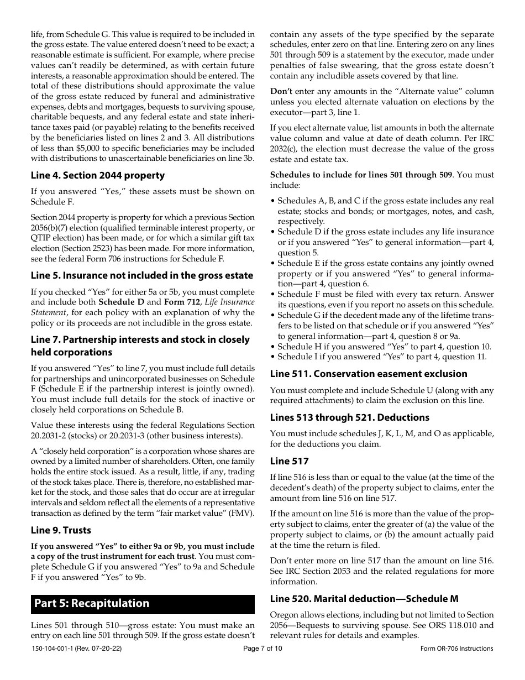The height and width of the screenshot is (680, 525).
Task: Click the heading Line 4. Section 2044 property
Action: point(98,175)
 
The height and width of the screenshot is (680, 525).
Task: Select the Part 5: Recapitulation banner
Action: point(143,603)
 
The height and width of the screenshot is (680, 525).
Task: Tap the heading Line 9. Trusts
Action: point(61,530)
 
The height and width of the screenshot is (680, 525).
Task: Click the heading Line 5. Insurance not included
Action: point(141,275)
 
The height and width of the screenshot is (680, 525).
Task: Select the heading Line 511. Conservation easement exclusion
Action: point(369,374)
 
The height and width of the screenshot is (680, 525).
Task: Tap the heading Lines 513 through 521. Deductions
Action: point(349,417)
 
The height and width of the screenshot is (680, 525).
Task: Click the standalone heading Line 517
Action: point(289,461)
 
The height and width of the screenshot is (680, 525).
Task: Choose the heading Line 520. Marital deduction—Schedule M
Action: point(364,599)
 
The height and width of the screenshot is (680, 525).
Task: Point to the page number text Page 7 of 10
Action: point(262,648)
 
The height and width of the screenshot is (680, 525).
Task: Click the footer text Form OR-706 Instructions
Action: point(456,648)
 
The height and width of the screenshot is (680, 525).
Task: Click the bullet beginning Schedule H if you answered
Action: point(384,347)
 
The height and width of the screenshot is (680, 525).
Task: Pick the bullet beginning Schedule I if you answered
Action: point(382,357)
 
